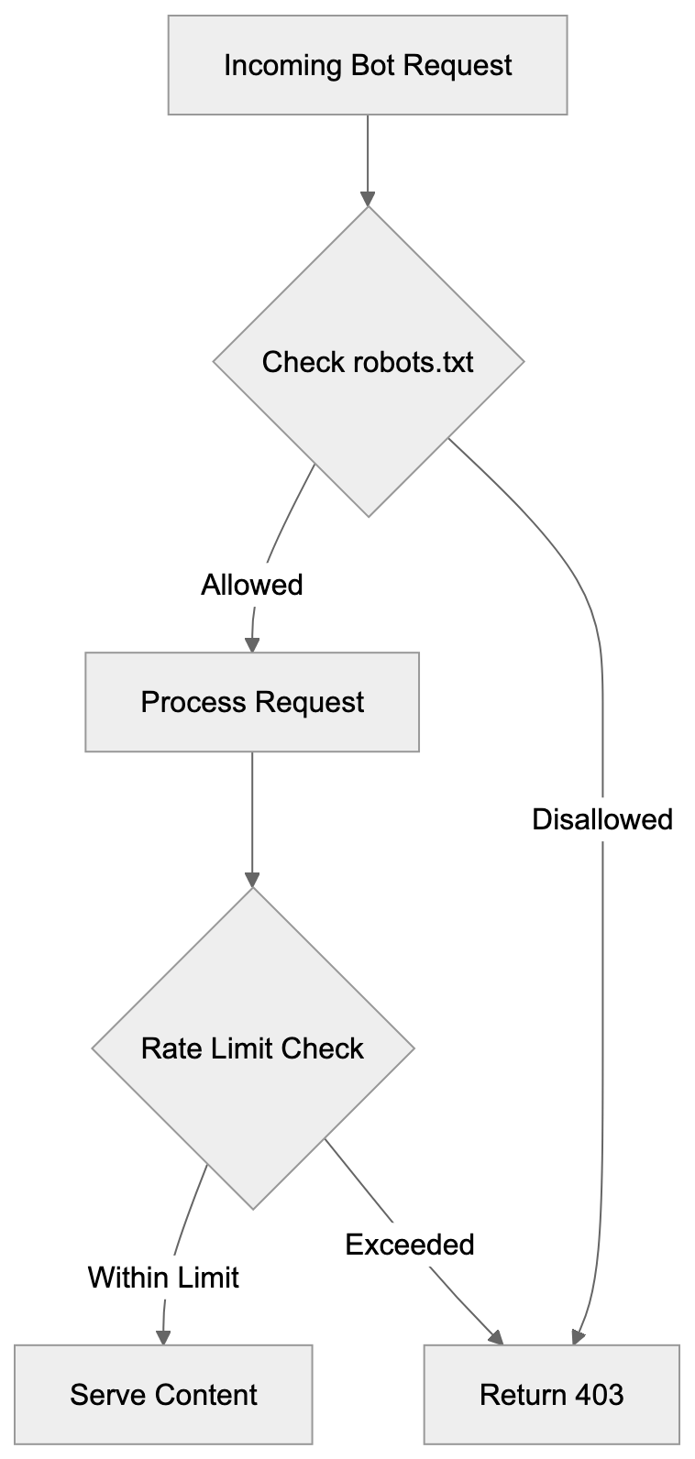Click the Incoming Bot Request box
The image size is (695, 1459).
pos(368,65)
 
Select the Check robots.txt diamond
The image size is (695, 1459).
pos(368,362)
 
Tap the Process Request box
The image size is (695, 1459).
pos(252,702)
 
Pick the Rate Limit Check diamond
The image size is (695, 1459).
pos(252,1048)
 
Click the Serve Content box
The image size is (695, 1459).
pos(163,1395)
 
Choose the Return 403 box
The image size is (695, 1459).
pos(551,1395)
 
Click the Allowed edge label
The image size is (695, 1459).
pos(252,585)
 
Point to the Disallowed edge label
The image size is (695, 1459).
pos(602,819)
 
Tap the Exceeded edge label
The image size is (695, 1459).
pos(410,1245)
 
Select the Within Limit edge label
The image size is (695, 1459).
pos(163,1277)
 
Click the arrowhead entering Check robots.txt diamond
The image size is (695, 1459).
pos(368,199)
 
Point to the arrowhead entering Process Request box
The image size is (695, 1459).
pos(252,644)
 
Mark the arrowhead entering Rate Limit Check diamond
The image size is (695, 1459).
pos(252,879)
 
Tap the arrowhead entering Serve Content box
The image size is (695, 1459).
pos(163,1337)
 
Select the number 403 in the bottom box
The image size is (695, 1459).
pos(599,1395)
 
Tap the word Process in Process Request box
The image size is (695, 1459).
pos(193,702)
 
